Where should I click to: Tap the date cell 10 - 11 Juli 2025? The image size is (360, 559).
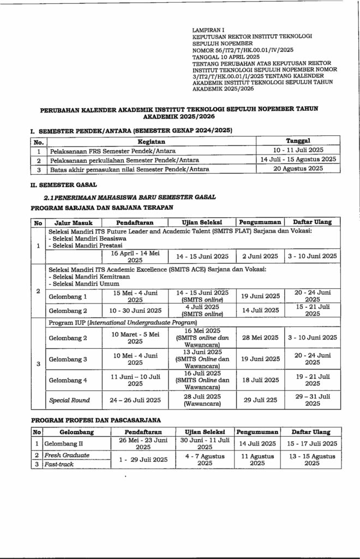coord(298,150)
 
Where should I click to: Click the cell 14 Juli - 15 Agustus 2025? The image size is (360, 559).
coord(298,159)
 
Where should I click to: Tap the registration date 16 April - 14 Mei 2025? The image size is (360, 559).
coord(134,257)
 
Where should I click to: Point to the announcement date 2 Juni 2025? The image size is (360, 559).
coord(260,256)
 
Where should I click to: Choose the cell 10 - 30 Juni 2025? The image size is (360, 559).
coord(134,310)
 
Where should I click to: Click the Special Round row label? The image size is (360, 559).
coord(69,400)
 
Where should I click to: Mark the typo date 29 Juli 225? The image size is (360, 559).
coord(260,400)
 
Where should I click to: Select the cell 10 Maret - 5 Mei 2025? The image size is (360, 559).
coord(134,337)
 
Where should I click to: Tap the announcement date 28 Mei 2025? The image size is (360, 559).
coord(260,337)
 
